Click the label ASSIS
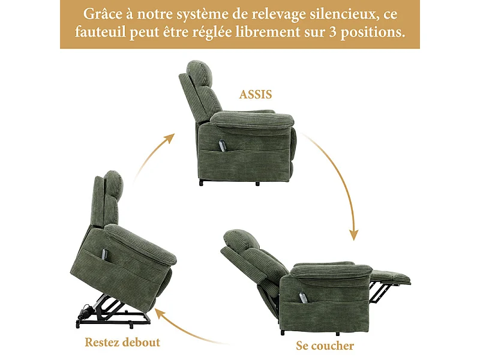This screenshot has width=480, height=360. click(x=256, y=94)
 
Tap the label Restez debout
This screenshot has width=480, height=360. click(x=122, y=343)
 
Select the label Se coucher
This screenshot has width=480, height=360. click(x=325, y=346)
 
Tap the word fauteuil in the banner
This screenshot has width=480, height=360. click(x=100, y=31)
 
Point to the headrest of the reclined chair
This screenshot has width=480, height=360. click(x=241, y=238)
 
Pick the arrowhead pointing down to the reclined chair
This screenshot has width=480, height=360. click(x=354, y=235)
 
